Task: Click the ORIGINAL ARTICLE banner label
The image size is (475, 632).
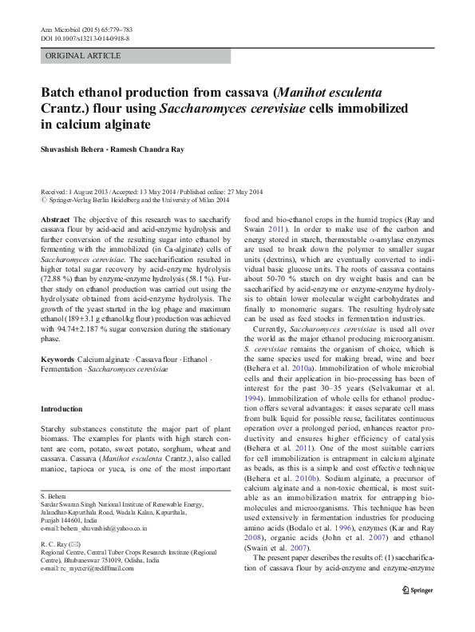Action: [x=84, y=56]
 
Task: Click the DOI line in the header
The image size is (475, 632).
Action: [x=85, y=38]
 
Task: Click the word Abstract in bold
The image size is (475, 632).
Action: [x=53, y=219]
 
